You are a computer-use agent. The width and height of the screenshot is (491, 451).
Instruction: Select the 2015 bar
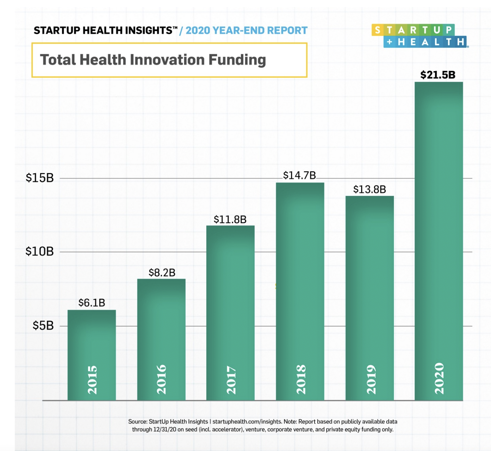pyautogui.click(x=92, y=338)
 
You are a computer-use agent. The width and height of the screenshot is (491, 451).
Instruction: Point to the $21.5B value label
pyautogui.click(x=438, y=75)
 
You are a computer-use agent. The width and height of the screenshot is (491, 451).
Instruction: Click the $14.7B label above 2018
pyautogui.click(x=299, y=175)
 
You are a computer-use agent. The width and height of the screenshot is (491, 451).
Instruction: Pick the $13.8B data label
pyautogui.click(x=369, y=190)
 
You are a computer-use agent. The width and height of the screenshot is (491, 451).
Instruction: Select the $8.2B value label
pyautogui.click(x=162, y=272)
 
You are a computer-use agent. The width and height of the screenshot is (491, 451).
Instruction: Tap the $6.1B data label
pyautogui.click(x=92, y=303)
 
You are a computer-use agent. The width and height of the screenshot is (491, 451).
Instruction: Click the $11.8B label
pyautogui.click(x=230, y=220)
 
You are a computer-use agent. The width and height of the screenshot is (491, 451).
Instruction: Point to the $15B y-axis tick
pyautogui.click(x=39, y=178)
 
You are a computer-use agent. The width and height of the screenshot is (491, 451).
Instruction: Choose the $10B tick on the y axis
pyautogui.click(x=39, y=252)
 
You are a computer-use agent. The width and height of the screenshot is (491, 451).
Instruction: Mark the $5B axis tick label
pyautogui.click(x=43, y=326)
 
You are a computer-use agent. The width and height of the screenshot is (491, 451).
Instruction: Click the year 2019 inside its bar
pyautogui.click(x=371, y=379)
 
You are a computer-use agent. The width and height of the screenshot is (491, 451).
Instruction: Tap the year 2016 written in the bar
pyautogui.click(x=161, y=379)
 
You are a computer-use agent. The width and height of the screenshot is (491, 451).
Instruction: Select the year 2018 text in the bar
pyautogui.click(x=301, y=379)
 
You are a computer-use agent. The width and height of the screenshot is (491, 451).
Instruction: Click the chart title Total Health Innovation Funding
pyautogui.click(x=153, y=60)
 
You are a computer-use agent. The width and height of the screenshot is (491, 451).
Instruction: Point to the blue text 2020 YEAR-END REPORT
pyautogui.click(x=247, y=31)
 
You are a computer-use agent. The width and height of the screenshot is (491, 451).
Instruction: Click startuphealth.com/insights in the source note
pyautogui.click(x=247, y=421)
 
